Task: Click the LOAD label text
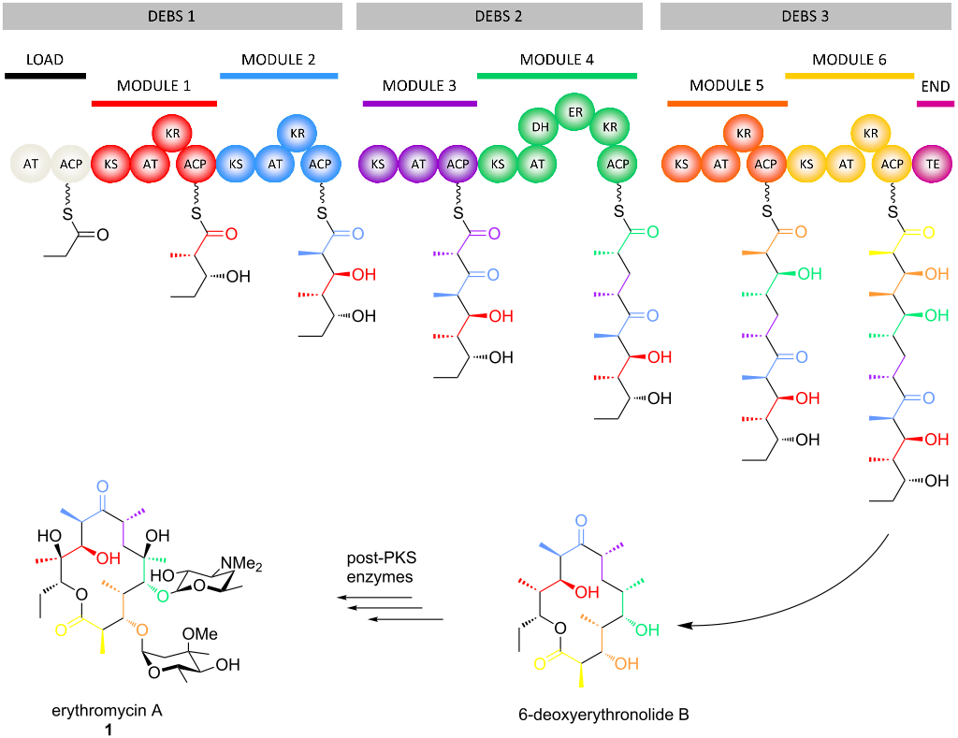[44, 60]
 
